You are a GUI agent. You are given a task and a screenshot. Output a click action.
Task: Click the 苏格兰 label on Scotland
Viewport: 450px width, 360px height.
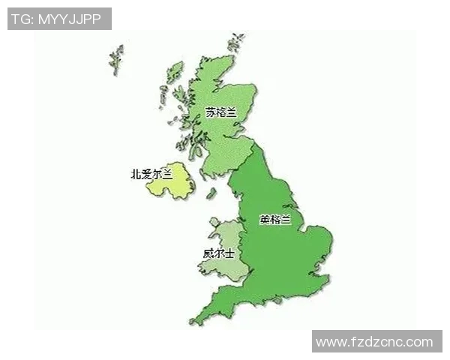click(x=220, y=113)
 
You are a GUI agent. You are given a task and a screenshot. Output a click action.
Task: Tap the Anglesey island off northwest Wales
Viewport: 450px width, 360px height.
click(x=211, y=223)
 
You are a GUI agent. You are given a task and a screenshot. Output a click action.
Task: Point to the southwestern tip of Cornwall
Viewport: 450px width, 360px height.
click(x=193, y=322)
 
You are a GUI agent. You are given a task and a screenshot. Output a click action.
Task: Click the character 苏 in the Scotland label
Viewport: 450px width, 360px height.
click(x=210, y=113)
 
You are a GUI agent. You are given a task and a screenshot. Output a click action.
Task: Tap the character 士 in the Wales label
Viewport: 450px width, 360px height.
click(x=228, y=253)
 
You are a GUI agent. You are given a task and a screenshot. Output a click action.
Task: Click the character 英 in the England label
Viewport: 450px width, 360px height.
click(x=264, y=220)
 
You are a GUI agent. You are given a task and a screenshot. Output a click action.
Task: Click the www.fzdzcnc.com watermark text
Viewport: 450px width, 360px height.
click(x=374, y=343)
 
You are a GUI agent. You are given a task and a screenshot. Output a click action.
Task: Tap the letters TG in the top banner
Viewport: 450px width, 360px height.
click(x=21, y=18)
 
